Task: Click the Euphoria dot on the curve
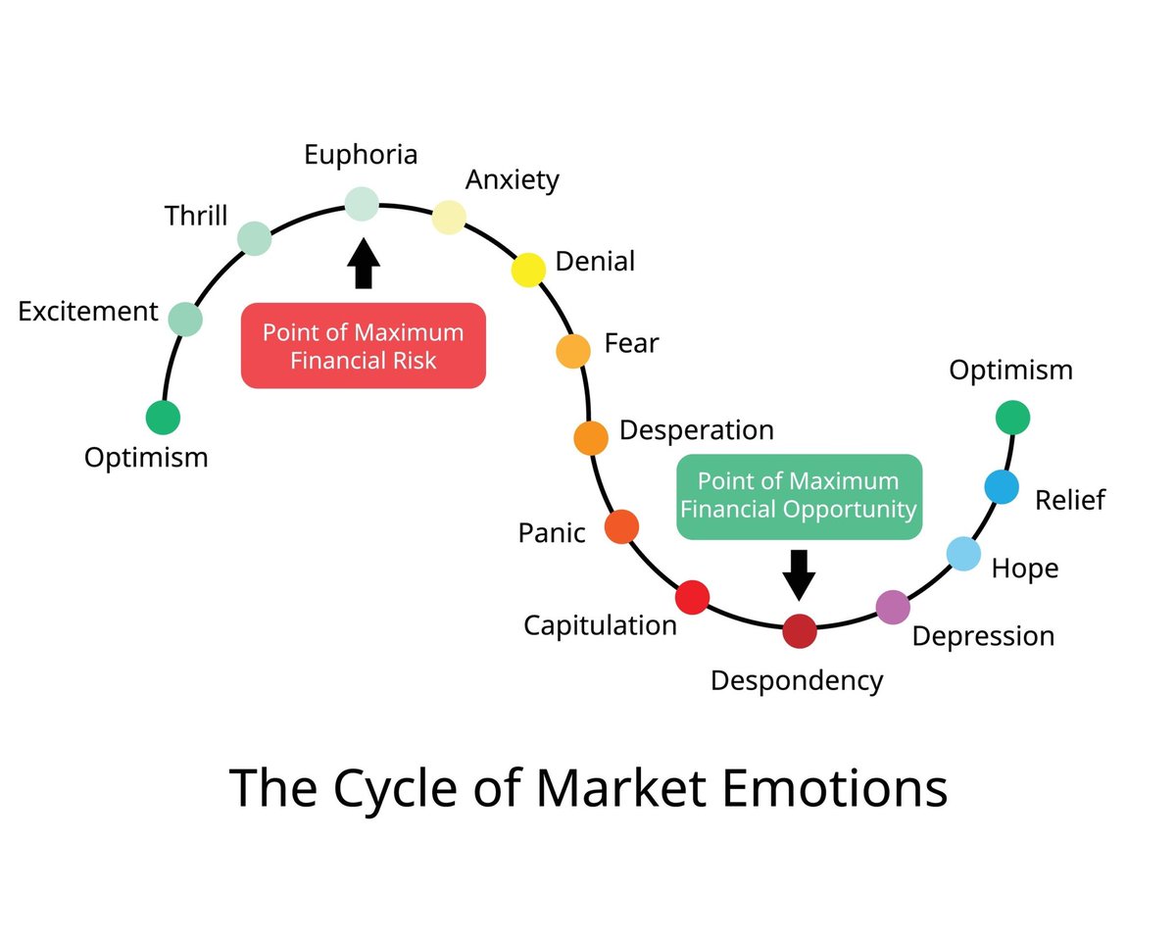[x=361, y=204]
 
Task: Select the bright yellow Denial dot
[x=528, y=270]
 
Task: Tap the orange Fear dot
[x=573, y=350]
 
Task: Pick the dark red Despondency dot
[x=800, y=631]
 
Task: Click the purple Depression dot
[x=893, y=608]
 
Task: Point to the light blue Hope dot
[x=963, y=554]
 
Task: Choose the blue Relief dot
[x=1002, y=486]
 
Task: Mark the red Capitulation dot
[x=692, y=598]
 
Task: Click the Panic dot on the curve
[x=622, y=527]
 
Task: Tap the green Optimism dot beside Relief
[x=1012, y=418]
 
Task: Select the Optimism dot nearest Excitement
[x=163, y=418]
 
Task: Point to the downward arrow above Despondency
[x=800, y=573]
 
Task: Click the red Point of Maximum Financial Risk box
[x=364, y=346]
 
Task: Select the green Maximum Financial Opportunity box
[x=800, y=496]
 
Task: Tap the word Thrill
[x=196, y=216]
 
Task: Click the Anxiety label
[x=513, y=180]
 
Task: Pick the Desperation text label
[x=697, y=430]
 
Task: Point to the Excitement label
[x=88, y=312]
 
